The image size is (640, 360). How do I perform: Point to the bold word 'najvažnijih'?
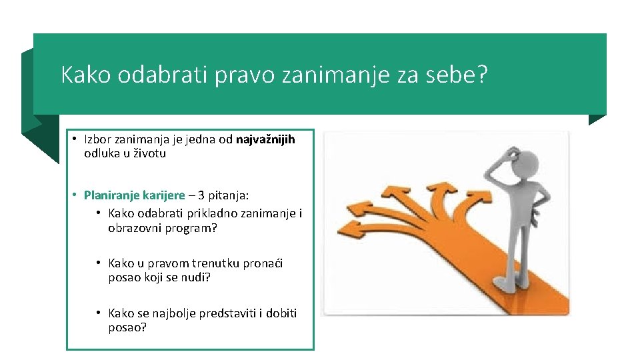click(265, 139)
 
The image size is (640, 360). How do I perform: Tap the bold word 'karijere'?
click(163, 195)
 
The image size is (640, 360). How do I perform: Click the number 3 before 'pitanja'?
click(201, 195)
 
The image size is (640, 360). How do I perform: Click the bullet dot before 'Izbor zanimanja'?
click(75, 139)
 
